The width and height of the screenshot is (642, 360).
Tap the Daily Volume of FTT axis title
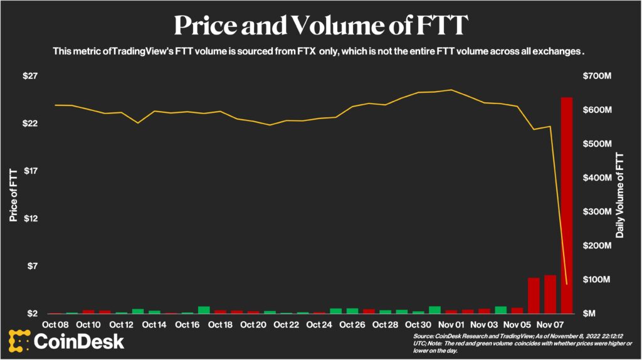(621, 195)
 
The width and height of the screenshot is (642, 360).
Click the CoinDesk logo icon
(18, 341)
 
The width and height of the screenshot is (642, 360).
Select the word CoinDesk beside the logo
(79, 341)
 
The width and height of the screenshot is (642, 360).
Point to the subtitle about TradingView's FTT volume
(320, 51)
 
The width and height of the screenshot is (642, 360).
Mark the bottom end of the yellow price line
(567, 285)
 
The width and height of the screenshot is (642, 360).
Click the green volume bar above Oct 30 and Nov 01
(434, 310)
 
